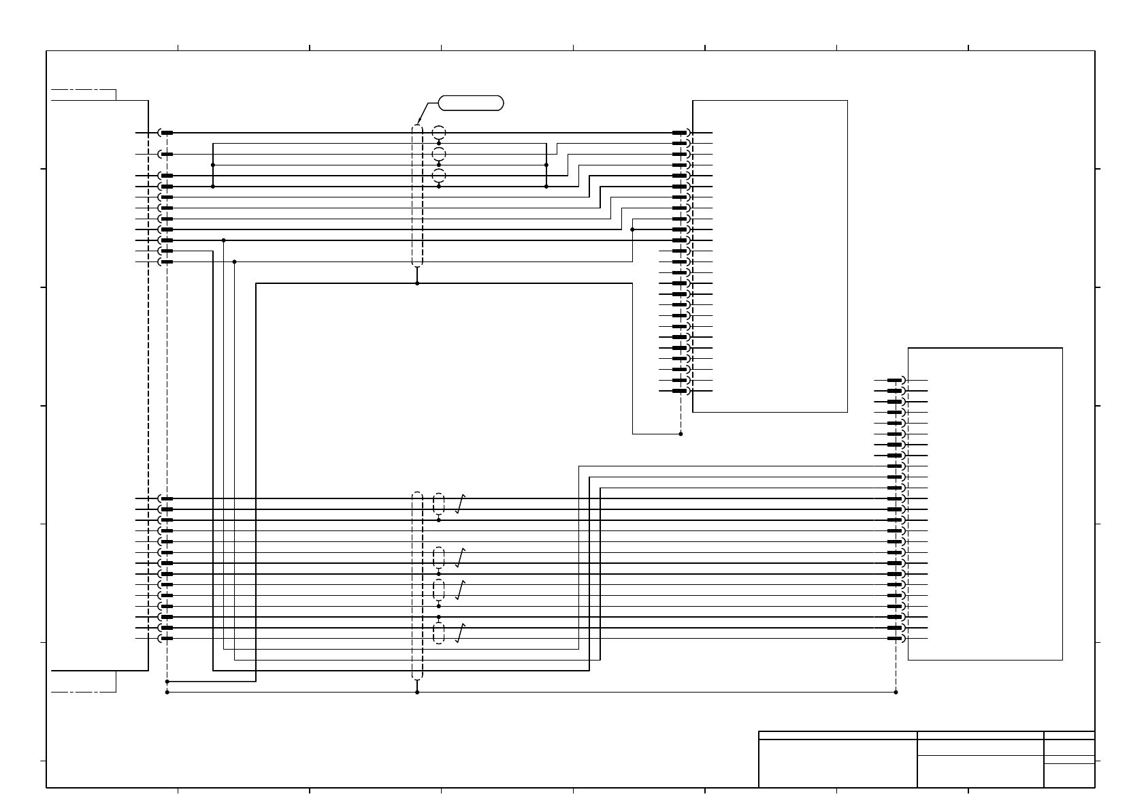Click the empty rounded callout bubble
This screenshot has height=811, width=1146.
pos(471,104)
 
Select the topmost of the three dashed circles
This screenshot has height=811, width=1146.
pos(439,132)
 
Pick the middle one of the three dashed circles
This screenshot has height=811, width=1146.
pos(439,154)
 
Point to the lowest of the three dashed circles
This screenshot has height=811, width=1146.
pos(439,176)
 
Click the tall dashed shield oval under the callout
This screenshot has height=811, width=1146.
pos(417,195)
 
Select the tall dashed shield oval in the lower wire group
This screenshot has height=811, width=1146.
pos(417,585)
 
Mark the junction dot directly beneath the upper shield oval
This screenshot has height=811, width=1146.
pos(417,283)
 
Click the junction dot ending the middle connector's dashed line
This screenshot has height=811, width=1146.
pos(681,434)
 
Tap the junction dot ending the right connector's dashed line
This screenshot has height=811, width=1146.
pos(896,692)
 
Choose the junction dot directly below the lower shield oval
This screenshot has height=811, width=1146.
pos(417,692)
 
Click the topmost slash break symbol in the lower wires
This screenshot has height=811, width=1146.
pos(460,504)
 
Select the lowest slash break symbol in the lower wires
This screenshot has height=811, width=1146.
pos(460,633)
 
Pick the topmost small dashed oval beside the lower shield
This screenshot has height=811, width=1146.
pos(439,504)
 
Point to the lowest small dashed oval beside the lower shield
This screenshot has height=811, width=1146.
pos(439,633)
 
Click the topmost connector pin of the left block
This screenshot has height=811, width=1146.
pos(165,133)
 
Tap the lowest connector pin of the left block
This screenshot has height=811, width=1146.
pos(165,639)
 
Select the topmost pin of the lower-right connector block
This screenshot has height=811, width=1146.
pos(896,380)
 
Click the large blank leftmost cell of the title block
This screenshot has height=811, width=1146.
pos(837,763)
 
